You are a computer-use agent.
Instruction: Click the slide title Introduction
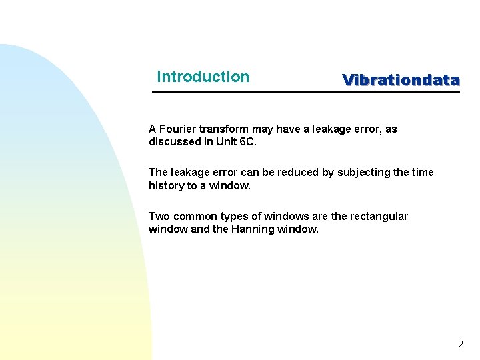(203, 77)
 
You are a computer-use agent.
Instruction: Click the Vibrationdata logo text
(401, 80)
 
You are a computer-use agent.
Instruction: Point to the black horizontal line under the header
(306, 92)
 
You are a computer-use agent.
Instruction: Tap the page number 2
(460, 345)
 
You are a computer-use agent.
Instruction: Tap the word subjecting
(364, 172)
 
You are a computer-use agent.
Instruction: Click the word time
(422, 172)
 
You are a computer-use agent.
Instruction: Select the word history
(166, 185)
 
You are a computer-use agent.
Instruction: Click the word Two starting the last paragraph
(159, 216)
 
